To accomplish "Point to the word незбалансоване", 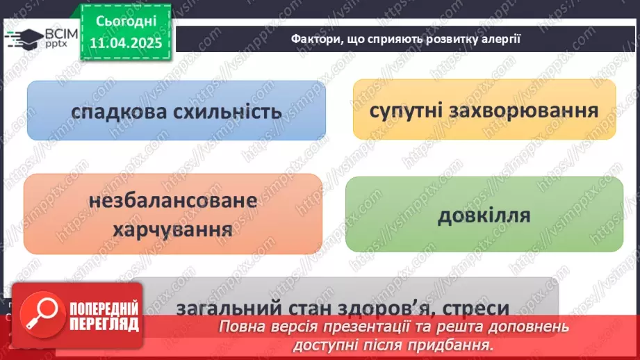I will (x=173, y=202).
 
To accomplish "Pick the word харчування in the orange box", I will (x=173, y=229).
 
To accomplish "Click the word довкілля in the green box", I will (x=484, y=215).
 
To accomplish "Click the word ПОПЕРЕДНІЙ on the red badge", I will (x=104, y=310).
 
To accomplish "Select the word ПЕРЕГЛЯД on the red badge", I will (x=104, y=325).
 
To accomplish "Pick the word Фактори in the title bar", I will (x=316, y=39).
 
